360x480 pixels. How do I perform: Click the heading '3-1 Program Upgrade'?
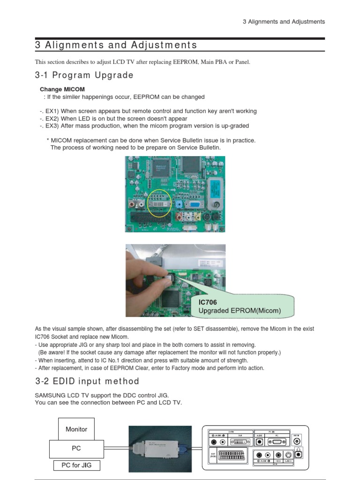pyautogui.click(x=84, y=75)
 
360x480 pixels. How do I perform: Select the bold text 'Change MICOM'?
pyautogui.click(x=62, y=89)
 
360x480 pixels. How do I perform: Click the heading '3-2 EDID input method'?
pyautogui.click(x=87, y=381)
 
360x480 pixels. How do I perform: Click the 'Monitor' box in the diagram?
pyautogui.click(x=76, y=429)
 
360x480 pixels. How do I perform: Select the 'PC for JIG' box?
pyautogui.click(x=76, y=465)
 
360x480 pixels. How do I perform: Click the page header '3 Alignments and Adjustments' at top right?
pyautogui.click(x=284, y=22)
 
